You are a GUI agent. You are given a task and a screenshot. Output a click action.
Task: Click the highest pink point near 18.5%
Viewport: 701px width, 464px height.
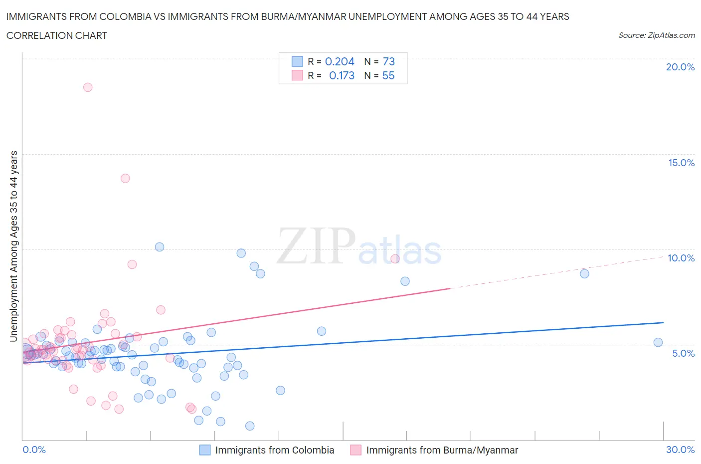tap(88, 87)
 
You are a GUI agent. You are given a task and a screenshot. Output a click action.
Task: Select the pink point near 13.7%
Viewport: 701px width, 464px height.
tap(125, 178)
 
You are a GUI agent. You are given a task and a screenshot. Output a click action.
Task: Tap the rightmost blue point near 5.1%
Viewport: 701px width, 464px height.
tap(658, 342)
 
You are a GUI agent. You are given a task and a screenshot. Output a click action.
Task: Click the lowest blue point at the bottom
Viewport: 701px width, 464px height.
tap(250, 426)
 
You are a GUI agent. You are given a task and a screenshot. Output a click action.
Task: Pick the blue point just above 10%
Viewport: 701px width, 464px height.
tap(160, 247)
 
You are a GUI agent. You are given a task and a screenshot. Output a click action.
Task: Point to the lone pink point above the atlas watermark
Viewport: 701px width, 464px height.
tap(395, 258)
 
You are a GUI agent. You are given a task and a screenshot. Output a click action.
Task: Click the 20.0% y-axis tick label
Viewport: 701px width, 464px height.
tap(680, 67)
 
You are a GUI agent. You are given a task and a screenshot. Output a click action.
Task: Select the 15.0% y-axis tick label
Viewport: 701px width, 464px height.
tap(681, 163)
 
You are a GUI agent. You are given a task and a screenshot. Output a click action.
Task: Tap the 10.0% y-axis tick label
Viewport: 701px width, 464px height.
tap(681, 258)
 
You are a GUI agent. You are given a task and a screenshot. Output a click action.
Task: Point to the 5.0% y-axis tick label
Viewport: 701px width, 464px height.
tap(683, 353)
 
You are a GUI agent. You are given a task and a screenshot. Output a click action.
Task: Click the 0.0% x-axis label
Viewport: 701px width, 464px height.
tap(34, 450)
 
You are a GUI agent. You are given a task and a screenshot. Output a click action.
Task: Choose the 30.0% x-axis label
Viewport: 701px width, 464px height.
tap(680, 450)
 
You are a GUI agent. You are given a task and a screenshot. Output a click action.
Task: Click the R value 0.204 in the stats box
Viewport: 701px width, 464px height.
tap(340, 61)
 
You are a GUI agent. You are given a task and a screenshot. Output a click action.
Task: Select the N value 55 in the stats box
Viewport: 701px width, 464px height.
tap(388, 75)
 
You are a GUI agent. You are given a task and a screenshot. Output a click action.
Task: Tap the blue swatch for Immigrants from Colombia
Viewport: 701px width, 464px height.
tap(205, 450)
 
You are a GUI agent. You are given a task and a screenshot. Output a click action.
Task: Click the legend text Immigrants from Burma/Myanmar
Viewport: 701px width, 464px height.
tap(442, 450)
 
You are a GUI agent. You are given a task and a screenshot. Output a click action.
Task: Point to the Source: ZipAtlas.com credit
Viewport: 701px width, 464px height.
tap(656, 35)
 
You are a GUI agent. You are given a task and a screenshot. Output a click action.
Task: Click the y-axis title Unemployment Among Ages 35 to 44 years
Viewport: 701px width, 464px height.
tap(13, 246)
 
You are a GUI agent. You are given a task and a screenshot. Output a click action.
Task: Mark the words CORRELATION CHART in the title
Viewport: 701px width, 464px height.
tap(57, 35)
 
